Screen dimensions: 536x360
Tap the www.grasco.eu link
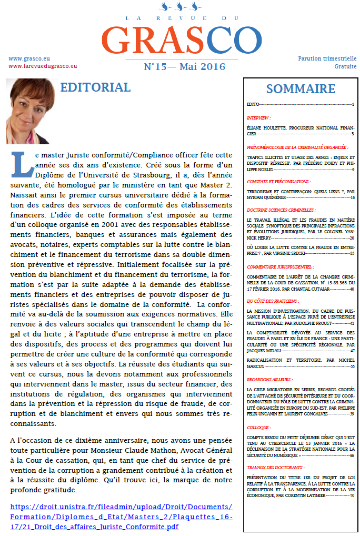(29, 58)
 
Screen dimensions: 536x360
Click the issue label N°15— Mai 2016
(184, 67)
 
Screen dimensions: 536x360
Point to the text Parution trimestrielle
(327, 58)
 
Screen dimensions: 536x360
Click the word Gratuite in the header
(345, 66)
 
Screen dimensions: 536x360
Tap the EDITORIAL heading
(95, 87)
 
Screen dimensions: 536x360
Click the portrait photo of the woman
(31, 112)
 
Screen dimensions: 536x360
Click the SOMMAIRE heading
(301, 88)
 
